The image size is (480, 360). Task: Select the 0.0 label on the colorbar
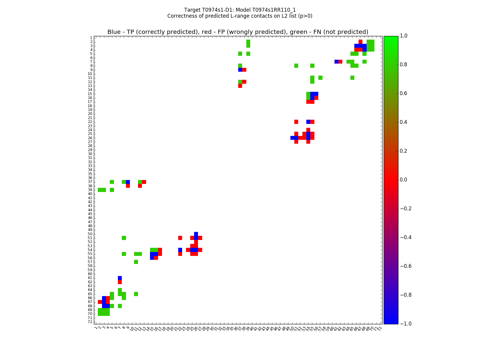404,180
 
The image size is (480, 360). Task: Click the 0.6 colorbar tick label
404,93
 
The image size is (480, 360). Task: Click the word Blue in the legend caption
114,32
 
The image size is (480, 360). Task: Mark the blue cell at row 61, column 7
120,278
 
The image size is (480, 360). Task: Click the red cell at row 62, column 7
120,282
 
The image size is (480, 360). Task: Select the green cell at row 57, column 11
136,262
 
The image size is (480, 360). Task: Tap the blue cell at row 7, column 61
336,62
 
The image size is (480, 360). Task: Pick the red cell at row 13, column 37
240,86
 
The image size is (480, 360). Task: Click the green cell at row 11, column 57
320,78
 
